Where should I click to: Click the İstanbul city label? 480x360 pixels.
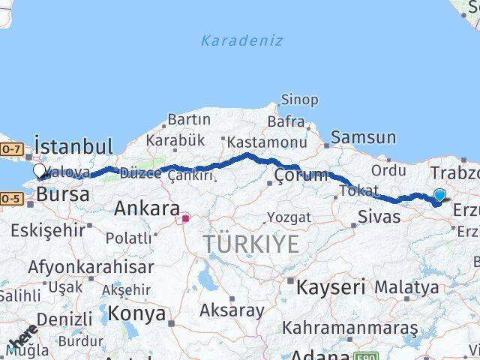tap(73, 145)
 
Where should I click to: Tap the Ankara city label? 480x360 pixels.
tap(147, 208)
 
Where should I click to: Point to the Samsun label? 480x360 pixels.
tap(363, 137)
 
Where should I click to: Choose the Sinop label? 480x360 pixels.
tap(299, 99)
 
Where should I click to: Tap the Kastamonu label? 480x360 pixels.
tap(266, 142)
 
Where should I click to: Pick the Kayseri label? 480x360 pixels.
tap(331, 286)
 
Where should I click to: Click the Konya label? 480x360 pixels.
tap(137, 313)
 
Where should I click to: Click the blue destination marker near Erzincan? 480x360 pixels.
tap(439, 195)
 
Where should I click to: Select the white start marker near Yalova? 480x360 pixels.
tap(40, 170)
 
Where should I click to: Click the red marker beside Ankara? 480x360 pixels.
tap(185, 219)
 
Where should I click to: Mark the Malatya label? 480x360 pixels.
tap(406, 286)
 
